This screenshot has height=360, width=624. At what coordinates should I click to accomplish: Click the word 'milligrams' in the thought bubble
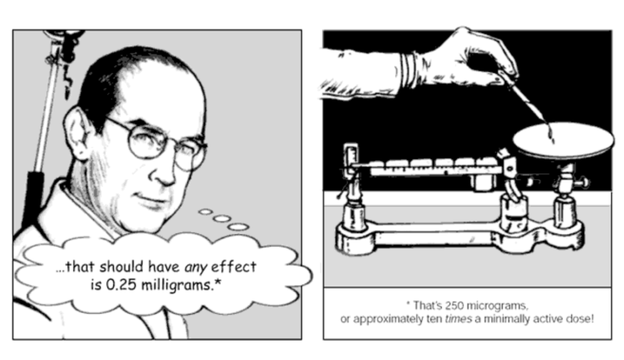pyautogui.click(x=178, y=286)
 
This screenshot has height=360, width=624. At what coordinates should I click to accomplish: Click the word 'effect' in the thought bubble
pyautogui.click(x=234, y=266)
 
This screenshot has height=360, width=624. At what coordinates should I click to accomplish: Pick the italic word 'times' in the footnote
pyautogui.click(x=458, y=319)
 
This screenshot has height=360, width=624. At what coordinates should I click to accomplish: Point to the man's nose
pyautogui.click(x=163, y=171)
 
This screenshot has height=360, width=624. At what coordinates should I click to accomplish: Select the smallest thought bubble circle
pyautogui.click(x=206, y=212)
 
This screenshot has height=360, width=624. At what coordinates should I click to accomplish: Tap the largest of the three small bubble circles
pyautogui.click(x=238, y=227)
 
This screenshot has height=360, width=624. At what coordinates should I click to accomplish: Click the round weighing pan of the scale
pyautogui.click(x=563, y=141)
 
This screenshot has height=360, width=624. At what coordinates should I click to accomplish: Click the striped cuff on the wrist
pyautogui.click(x=408, y=71)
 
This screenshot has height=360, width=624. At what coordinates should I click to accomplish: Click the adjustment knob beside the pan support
pyautogui.click(x=583, y=183)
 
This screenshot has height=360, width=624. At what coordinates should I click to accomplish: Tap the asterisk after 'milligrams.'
pyautogui.click(x=218, y=282)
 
